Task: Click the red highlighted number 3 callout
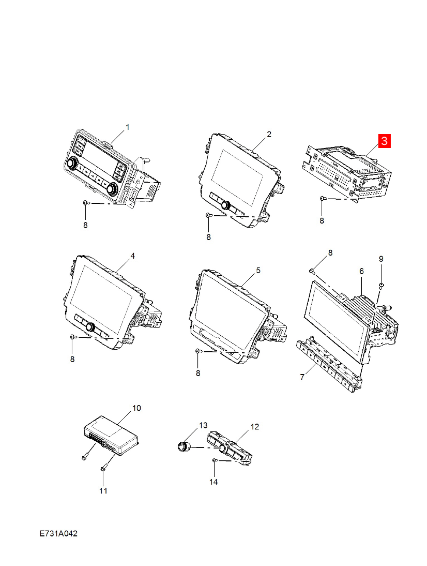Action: click(x=384, y=141)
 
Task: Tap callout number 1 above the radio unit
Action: click(x=127, y=127)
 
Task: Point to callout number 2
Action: click(x=269, y=134)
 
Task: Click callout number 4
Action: click(x=132, y=256)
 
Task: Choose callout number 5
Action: click(x=258, y=270)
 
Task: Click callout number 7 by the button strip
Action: click(x=302, y=377)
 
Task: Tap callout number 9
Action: click(x=381, y=259)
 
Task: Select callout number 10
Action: click(x=136, y=408)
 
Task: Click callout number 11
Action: click(x=103, y=490)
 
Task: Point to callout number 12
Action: click(x=255, y=427)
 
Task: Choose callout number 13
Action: click(x=203, y=425)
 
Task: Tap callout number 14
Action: click(x=213, y=482)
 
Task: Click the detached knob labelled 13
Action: click(x=184, y=446)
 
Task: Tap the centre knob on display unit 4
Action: click(x=90, y=327)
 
